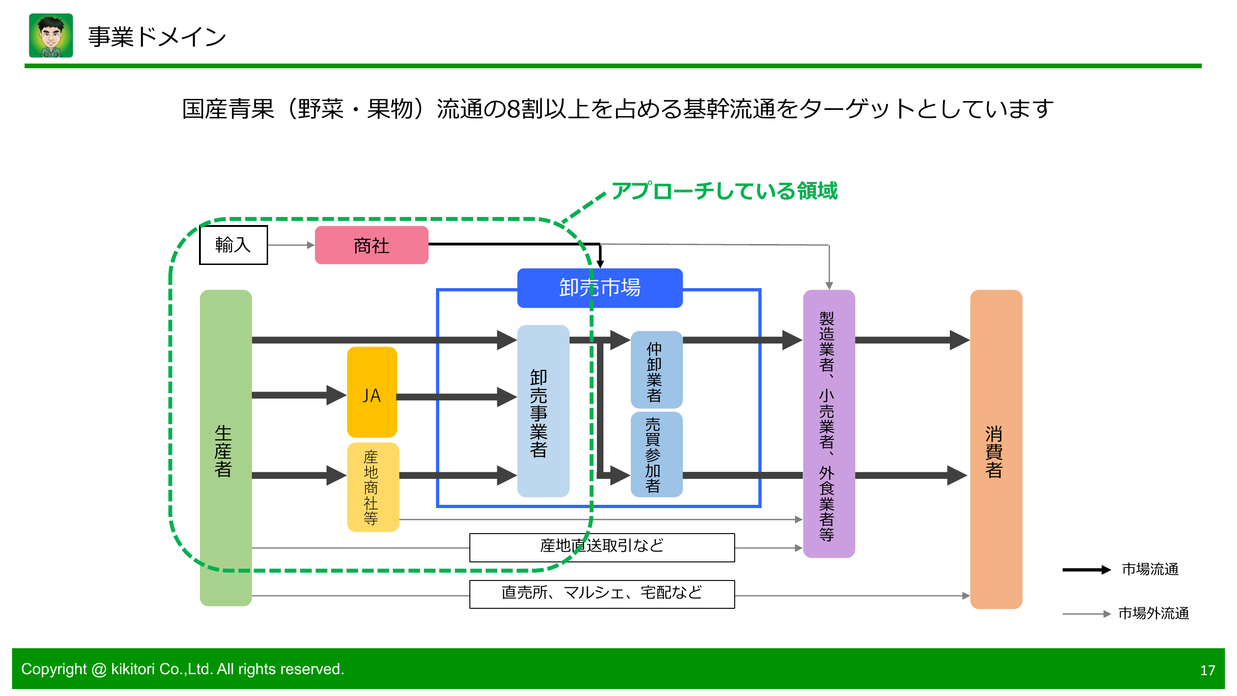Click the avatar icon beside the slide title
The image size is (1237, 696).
(51, 36)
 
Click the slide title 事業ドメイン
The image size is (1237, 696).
(157, 37)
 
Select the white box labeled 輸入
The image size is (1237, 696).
(233, 245)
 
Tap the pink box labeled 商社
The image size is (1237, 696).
(371, 245)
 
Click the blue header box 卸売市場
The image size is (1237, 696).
(599, 288)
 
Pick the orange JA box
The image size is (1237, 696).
(372, 393)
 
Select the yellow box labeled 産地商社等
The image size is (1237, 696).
(372, 487)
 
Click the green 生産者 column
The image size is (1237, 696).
(226, 447)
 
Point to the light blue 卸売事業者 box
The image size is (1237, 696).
(543, 411)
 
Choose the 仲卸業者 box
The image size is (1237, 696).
(656, 370)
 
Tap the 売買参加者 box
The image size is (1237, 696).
(656, 454)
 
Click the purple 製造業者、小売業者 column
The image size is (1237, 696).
(828, 424)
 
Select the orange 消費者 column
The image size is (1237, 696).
(995, 449)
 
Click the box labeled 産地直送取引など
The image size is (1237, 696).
(602, 547)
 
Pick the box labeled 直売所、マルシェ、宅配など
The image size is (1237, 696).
(602, 594)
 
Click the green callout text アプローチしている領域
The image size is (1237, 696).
(724, 191)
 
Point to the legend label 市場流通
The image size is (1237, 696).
(1150, 569)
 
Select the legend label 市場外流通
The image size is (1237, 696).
(1153, 613)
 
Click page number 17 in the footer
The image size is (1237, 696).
(1207, 670)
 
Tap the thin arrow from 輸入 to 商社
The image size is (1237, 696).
(291, 245)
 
